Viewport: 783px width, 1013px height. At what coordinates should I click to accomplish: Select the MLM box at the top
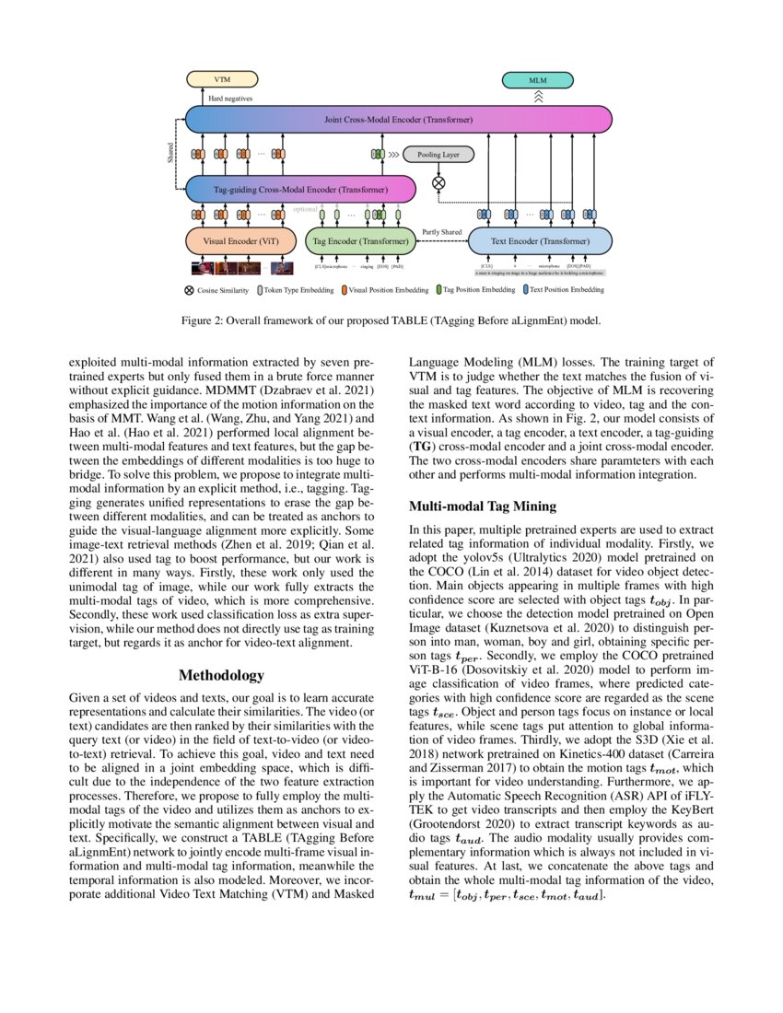pyautogui.click(x=537, y=80)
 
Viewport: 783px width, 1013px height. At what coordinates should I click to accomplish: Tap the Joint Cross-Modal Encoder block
pyautogui.click(x=399, y=120)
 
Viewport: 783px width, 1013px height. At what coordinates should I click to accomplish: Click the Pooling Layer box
pyautogui.click(x=438, y=155)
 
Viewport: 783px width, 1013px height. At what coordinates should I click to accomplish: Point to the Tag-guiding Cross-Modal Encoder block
pyautogui.click(x=300, y=190)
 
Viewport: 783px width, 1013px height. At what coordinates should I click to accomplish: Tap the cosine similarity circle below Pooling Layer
pyautogui.click(x=438, y=182)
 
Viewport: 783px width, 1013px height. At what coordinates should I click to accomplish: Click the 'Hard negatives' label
pyautogui.click(x=229, y=98)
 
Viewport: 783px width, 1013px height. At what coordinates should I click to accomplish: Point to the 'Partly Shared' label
pyautogui.click(x=441, y=231)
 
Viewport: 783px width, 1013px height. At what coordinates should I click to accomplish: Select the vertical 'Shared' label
pyautogui.click(x=170, y=153)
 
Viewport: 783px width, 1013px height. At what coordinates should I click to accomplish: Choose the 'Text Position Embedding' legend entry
pyautogui.click(x=563, y=290)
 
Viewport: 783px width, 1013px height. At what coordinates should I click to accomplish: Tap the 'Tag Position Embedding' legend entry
pyautogui.click(x=475, y=290)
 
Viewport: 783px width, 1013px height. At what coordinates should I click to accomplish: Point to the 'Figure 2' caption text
pyautogui.click(x=391, y=321)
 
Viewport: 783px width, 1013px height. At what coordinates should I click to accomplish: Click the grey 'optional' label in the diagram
pyautogui.click(x=306, y=209)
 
